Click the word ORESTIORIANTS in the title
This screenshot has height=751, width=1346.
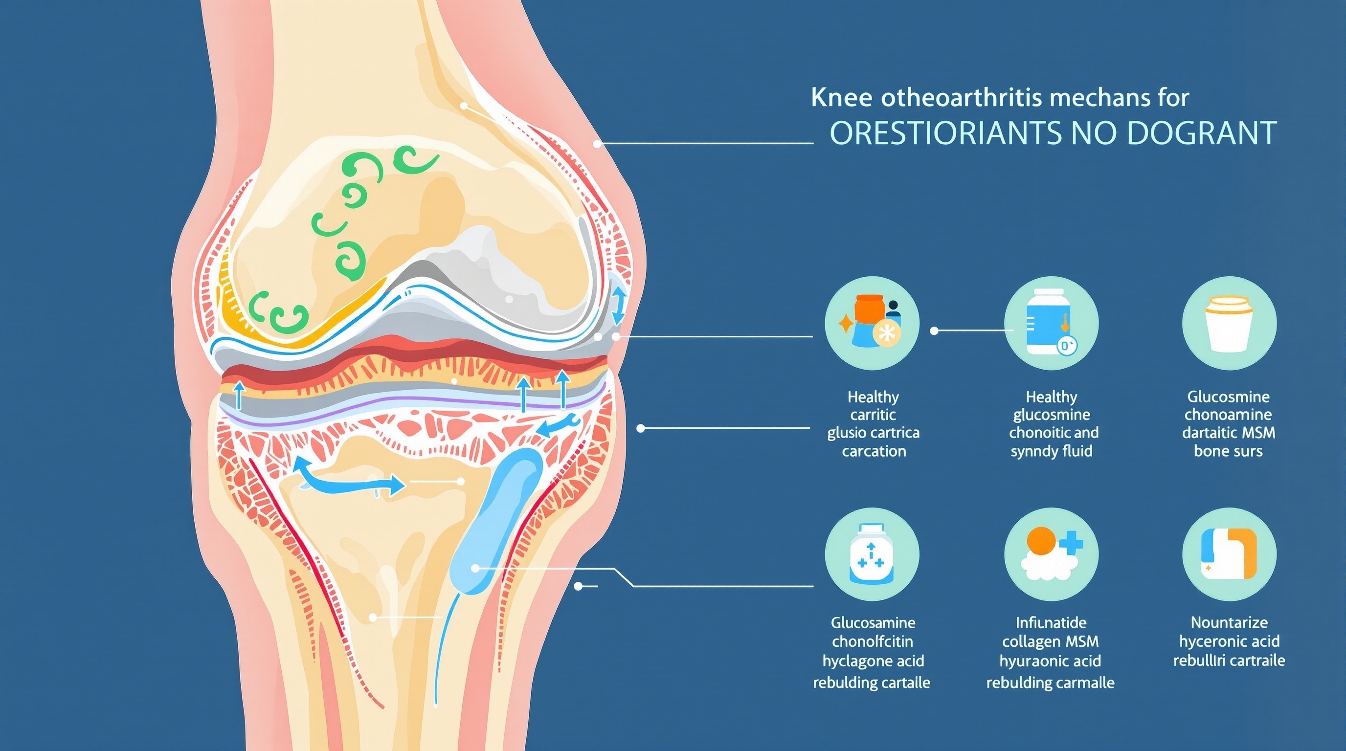pos(945,133)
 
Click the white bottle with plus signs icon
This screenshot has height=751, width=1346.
pos(871,554)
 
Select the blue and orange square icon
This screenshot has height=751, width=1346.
pos(1229,554)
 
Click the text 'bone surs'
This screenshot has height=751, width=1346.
pos(1228,451)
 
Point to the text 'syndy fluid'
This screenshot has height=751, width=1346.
pos(1051,451)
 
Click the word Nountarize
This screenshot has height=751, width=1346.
pos(1229,622)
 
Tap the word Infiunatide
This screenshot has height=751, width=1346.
pos(1051,622)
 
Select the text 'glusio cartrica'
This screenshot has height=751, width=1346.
pos(873,432)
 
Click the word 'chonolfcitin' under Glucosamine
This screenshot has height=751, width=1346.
pos(872,641)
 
